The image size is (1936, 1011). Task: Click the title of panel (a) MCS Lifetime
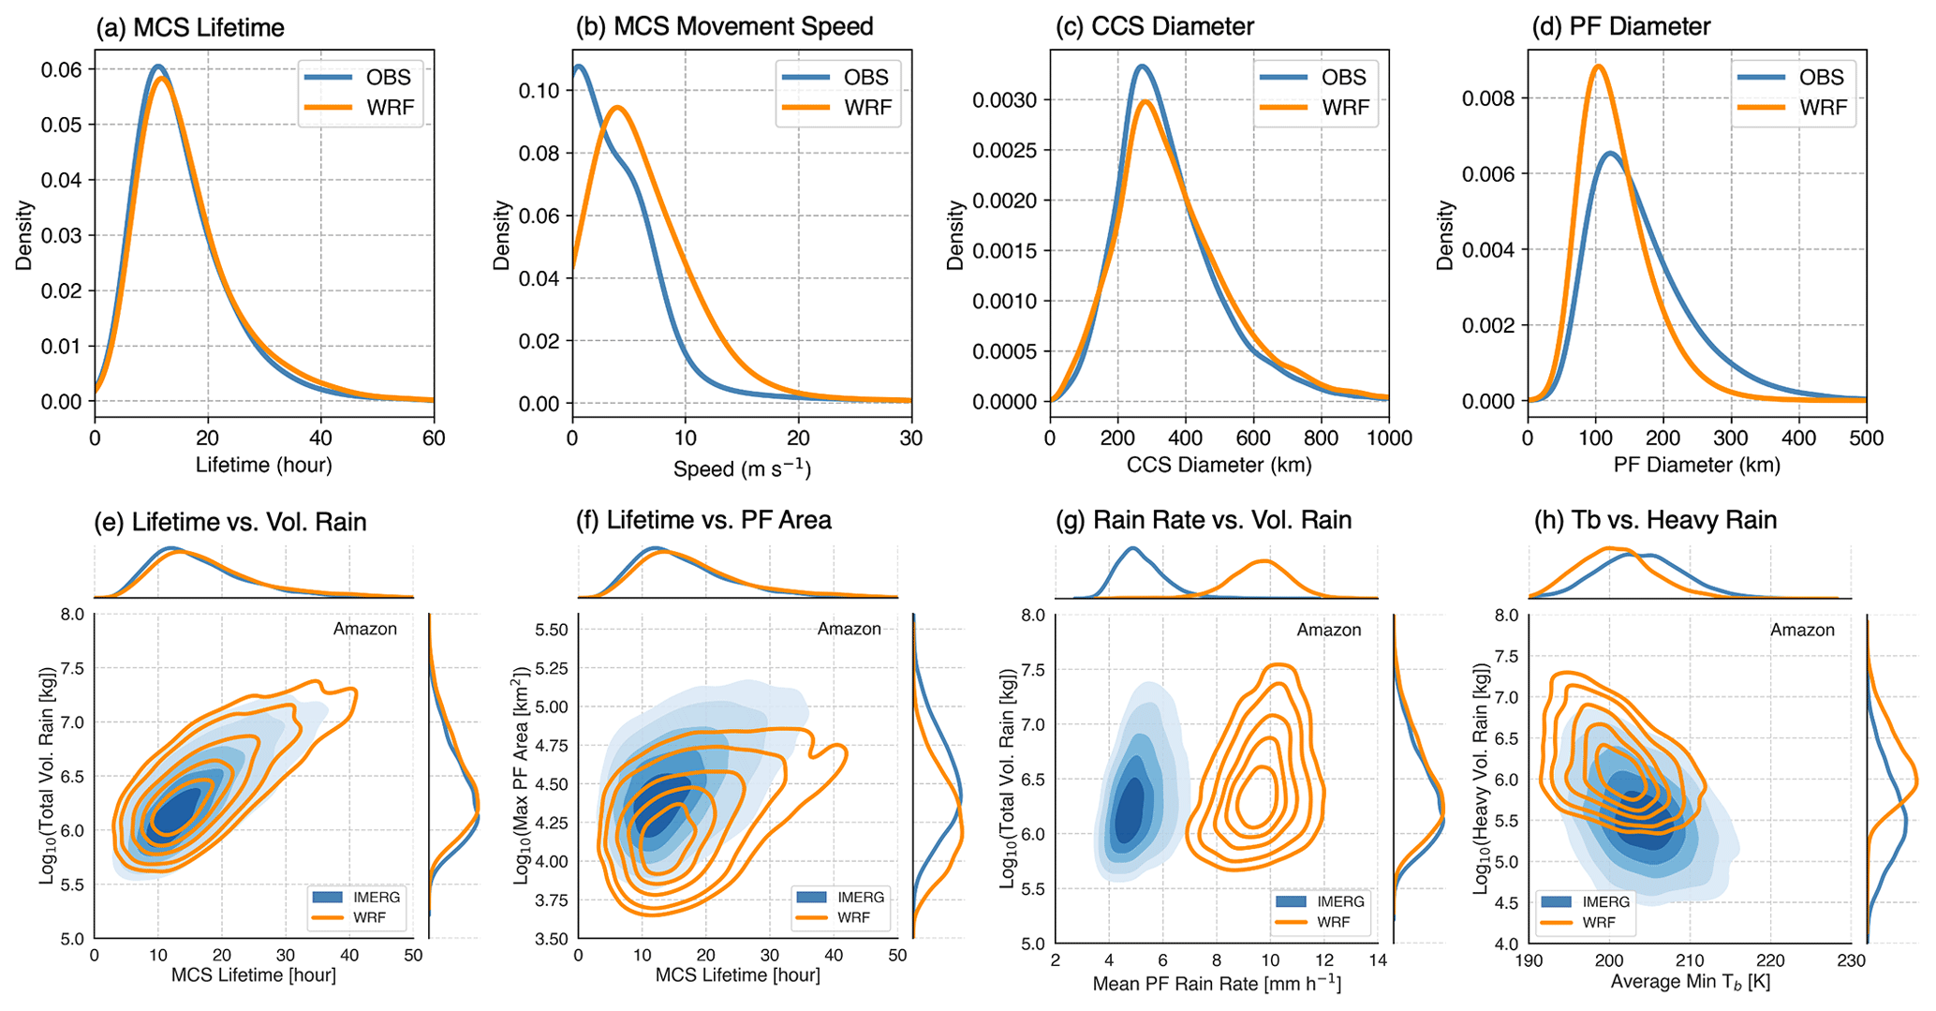pyautogui.click(x=189, y=27)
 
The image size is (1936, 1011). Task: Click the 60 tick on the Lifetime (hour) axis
pyautogui.click(x=433, y=439)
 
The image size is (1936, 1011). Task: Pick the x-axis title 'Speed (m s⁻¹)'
pyautogui.click(x=741, y=468)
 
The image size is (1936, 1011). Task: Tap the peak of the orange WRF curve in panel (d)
pyautogui.click(x=1598, y=66)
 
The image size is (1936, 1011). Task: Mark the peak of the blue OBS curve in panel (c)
pyautogui.click(x=1142, y=67)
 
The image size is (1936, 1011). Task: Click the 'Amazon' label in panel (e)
pyautogui.click(x=364, y=629)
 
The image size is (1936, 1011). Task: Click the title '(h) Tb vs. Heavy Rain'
pyautogui.click(x=1655, y=520)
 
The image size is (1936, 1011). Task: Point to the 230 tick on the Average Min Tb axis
pyautogui.click(x=1850, y=960)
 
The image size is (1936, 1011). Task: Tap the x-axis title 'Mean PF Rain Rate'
pyautogui.click(x=1216, y=983)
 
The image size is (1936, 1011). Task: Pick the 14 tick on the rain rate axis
pyautogui.click(x=1377, y=960)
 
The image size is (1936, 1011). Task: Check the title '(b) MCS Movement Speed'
pyautogui.click(x=724, y=27)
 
